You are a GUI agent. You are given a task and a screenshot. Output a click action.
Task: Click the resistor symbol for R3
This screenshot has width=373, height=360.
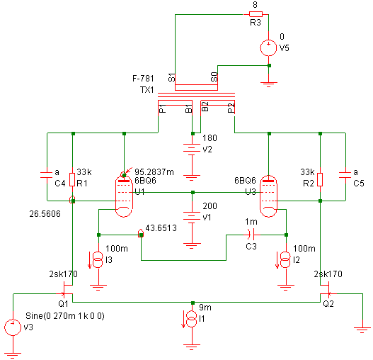point(256,14)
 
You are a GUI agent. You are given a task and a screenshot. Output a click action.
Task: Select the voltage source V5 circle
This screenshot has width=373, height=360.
point(268,47)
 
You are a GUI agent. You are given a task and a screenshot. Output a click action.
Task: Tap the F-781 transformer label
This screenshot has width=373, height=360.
point(143,79)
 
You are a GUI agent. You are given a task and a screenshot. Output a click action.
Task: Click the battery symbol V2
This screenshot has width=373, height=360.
point(192,150)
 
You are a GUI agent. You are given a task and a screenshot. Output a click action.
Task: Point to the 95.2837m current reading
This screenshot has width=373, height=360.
point(154,171)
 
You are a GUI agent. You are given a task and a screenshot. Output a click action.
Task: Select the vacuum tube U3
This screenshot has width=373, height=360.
point(268,196)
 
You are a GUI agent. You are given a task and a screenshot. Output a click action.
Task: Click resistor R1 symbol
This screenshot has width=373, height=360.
point(72,179)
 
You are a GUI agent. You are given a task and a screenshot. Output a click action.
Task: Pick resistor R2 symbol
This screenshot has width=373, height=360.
point(320,179)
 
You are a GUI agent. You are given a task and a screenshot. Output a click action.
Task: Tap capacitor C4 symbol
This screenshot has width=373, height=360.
point(47,175)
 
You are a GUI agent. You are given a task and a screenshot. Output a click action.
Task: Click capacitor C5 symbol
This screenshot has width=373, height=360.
point(345,175)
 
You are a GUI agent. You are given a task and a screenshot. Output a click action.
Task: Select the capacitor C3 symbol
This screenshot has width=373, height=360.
point(251,235)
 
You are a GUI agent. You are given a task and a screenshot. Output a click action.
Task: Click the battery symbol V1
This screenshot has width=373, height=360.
point(192,217)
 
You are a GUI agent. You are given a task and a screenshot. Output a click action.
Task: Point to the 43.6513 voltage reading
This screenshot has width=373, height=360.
point(161,228)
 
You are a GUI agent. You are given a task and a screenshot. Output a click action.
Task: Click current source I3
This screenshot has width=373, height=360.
point(98,260)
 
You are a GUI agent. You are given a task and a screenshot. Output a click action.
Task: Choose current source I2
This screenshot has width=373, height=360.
point(286,260)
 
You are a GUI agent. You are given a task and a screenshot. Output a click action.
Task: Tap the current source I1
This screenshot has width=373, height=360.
point(192,319)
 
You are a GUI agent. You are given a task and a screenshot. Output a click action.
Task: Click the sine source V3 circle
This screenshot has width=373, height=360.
point(13,327)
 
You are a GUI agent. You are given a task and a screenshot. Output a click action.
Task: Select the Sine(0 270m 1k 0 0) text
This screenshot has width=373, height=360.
point(65,316)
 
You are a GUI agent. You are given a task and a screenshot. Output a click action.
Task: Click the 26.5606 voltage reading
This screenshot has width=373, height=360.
point(45,214)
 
